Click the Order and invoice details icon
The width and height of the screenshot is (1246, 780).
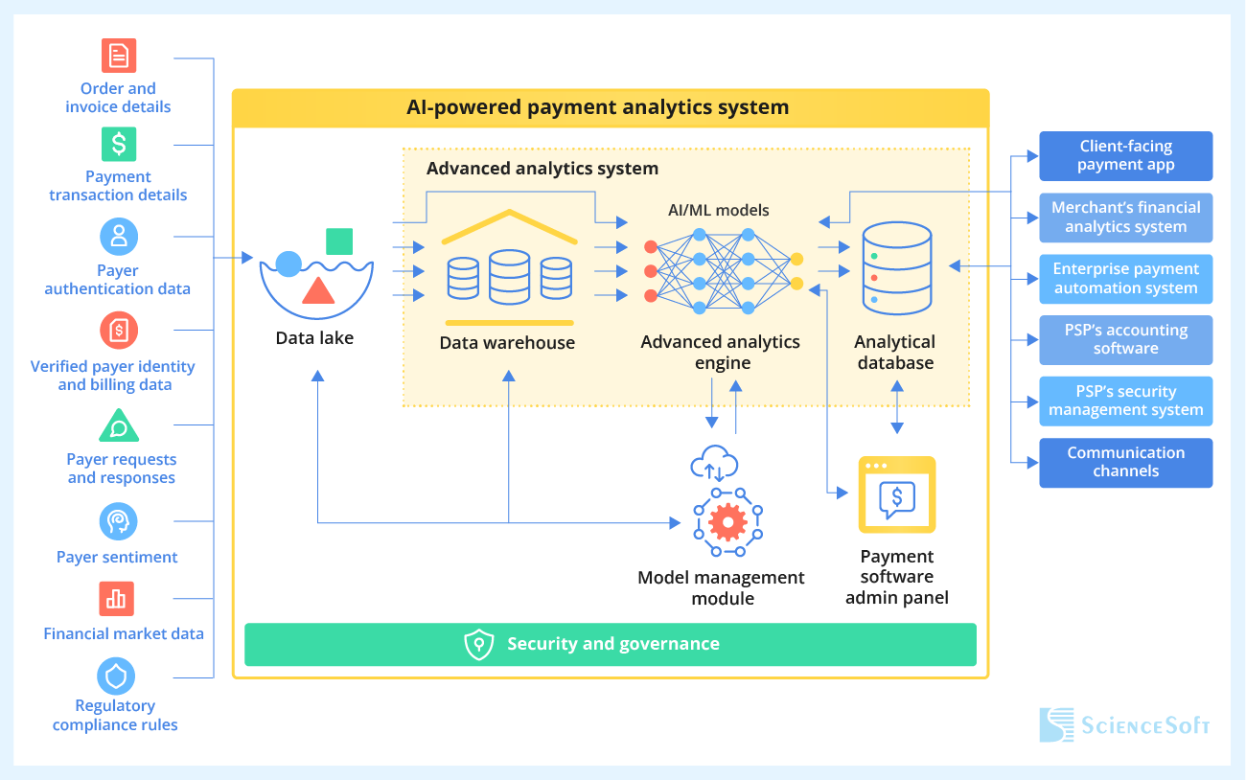click(119, 56)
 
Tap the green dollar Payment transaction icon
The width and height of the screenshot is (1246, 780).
click(119, 145)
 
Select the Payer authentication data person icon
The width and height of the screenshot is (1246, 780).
click(119, 236)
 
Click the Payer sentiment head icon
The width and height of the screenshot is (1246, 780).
click(118, 521)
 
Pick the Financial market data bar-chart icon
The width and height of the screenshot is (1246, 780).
click(117, 599)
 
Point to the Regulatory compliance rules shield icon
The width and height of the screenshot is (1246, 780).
click(116, 677)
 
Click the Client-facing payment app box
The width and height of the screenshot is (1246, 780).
click(1125, 156)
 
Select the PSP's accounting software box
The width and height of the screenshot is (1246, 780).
click(1125, 340)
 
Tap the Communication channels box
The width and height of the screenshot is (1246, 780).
click(1125, 463)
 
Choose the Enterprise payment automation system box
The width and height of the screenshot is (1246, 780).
click(1125, 279)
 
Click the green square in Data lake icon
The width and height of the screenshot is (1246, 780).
click(339, 241)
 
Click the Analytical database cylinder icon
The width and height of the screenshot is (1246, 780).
click(896, 269)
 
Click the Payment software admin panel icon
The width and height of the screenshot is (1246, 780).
click(896, 494)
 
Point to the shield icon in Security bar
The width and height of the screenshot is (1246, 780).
click(478, 645)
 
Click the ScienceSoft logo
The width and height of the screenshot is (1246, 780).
click(1125, 724)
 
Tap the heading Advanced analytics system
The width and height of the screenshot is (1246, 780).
click(542, 169)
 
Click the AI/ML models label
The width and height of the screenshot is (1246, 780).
click(719, 210)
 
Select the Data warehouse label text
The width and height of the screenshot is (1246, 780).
click(507, 343)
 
